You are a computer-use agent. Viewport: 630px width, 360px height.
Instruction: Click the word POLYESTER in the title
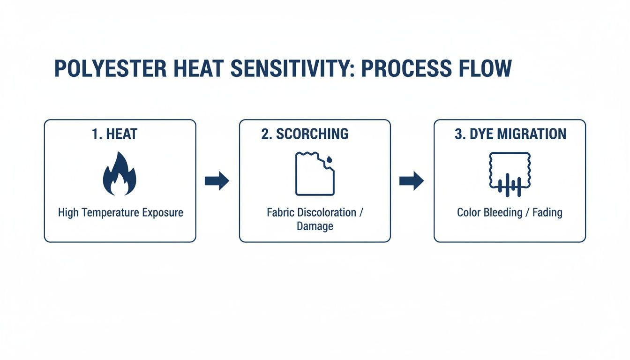point(110,68)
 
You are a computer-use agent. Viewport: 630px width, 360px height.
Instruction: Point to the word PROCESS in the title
point(406,68)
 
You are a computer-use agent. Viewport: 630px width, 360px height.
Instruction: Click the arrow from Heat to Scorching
point(217,181)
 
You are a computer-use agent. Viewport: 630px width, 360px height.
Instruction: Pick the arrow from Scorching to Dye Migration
point(412,181)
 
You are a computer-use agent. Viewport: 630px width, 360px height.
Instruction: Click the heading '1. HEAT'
point(114,134)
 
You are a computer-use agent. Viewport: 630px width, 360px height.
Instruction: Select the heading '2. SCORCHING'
point(305,134)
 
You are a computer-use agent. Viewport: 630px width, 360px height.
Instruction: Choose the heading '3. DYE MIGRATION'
point(510,134)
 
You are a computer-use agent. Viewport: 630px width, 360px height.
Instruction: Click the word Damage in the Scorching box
point(315,226)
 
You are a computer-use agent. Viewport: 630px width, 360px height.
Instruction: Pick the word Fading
point(547,213)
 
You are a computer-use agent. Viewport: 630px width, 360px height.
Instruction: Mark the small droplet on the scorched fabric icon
point(330,160)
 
